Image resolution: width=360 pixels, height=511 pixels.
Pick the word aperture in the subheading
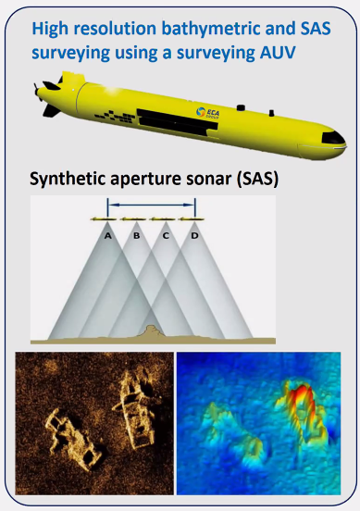point(149,178)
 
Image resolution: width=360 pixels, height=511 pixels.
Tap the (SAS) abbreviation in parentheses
point(246,178)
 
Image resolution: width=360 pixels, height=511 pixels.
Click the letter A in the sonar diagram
point(108,235)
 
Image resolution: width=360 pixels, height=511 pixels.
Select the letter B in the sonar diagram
point(136,235)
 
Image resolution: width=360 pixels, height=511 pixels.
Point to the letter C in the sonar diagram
point(165,235)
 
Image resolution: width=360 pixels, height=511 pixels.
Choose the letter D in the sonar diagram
point(193,235)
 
